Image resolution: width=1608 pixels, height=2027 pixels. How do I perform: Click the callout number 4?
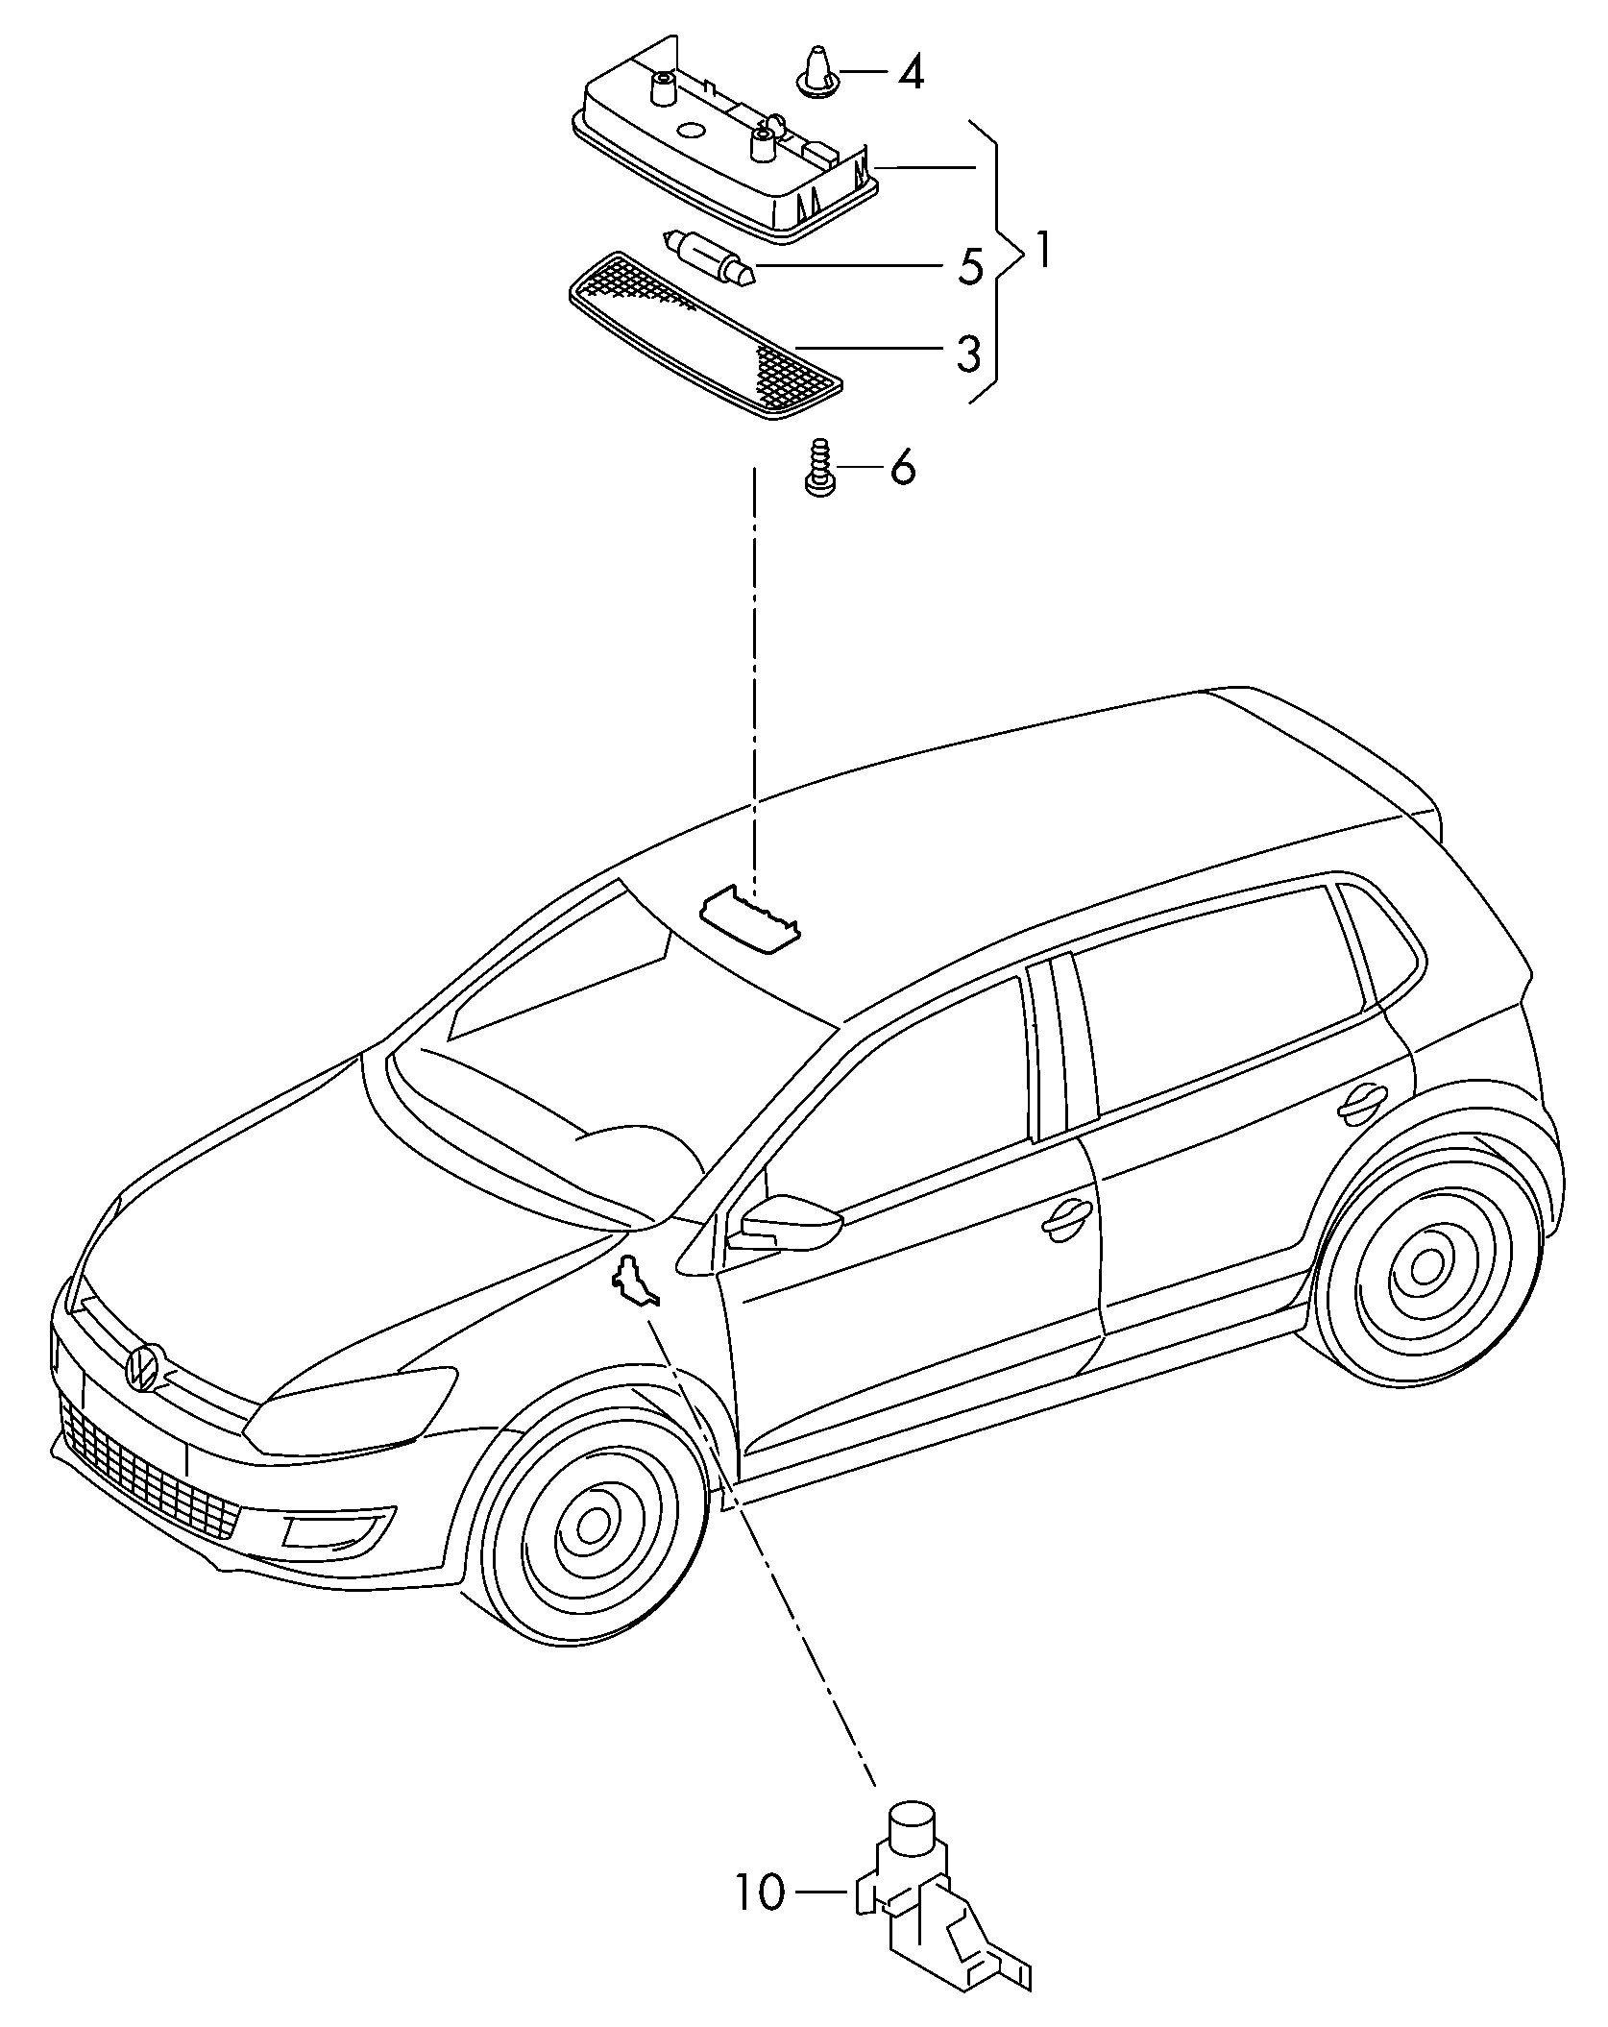coord(910,72)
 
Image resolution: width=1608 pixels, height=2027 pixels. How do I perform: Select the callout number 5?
coord(969,266)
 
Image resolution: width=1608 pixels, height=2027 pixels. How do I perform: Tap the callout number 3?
coord(967,354)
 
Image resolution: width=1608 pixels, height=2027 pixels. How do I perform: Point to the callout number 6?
coord(902,468)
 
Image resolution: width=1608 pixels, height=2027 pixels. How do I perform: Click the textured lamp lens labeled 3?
coord(706,337)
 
